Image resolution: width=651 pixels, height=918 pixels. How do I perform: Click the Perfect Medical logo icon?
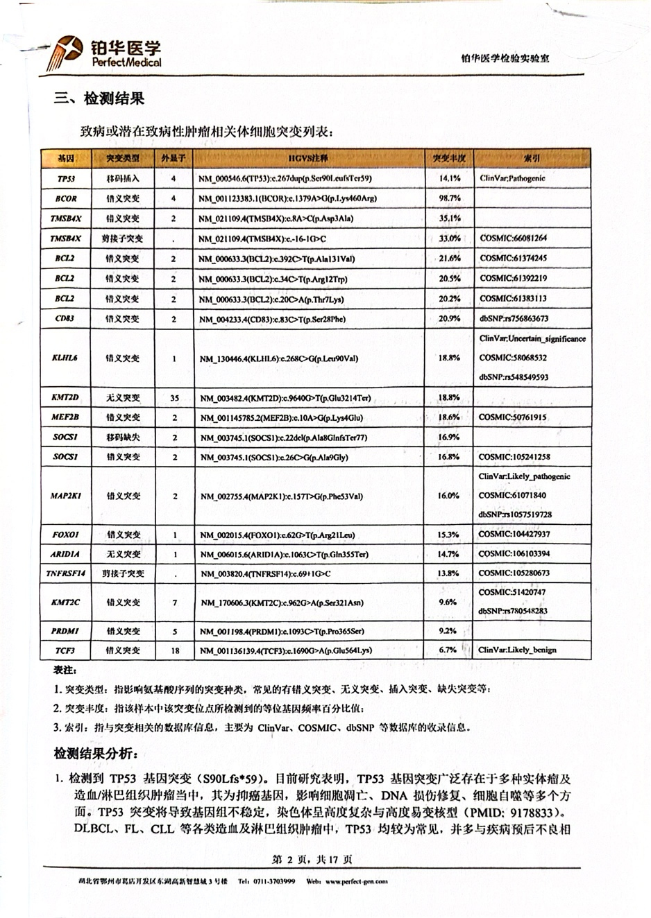tap(67, 50)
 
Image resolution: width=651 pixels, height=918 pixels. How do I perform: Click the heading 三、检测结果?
tap(100, 98)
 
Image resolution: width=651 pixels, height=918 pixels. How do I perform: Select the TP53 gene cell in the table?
tap(66, 178)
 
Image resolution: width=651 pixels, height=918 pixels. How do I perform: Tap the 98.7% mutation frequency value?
tap(450, 198)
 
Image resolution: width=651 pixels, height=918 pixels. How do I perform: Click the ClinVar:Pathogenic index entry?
tap(512, 178)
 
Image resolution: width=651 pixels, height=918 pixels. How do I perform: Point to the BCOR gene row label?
tap(66, 198)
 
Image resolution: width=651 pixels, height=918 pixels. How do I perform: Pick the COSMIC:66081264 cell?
tap(513, 239)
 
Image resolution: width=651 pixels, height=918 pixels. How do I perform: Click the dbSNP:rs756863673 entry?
tap(514, 319)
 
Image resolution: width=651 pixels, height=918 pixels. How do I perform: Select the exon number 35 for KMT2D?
tap(174, 398)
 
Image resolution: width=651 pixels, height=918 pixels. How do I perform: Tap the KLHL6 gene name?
tap(65, 358)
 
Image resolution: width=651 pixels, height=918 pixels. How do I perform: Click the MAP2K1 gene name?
tap(66, 496)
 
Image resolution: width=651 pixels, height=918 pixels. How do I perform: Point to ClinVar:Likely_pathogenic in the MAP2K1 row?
tap(524, 477)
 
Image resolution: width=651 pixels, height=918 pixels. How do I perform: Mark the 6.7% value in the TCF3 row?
tap(448, 650)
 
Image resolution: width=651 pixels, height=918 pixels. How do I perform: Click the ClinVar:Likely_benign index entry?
tap(517, 650)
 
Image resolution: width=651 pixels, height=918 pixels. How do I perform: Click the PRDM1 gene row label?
tap(66, 632)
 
